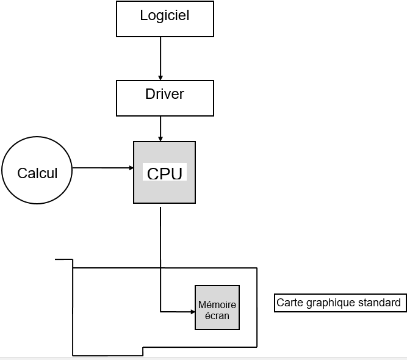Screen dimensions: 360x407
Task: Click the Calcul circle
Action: coord(37,173)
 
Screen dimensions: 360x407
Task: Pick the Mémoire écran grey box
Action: coord(217,308)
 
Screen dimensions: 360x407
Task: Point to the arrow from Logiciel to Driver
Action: coord(160,58)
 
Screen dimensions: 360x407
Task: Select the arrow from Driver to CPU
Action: coord(160,128)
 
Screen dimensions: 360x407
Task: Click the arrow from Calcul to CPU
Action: coord(103,167)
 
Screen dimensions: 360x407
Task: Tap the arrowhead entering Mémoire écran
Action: coord(191,312)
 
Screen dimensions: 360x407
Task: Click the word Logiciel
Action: coord(165,15)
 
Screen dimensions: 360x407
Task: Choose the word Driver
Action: coord(165,94)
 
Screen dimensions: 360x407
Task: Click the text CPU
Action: coord(165,173)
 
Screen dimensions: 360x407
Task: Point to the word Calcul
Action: coord(37,173)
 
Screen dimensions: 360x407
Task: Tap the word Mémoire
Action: coord(217,304)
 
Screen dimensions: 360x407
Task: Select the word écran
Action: coord(217,315)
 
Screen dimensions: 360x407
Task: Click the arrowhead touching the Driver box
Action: coord(160,77)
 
